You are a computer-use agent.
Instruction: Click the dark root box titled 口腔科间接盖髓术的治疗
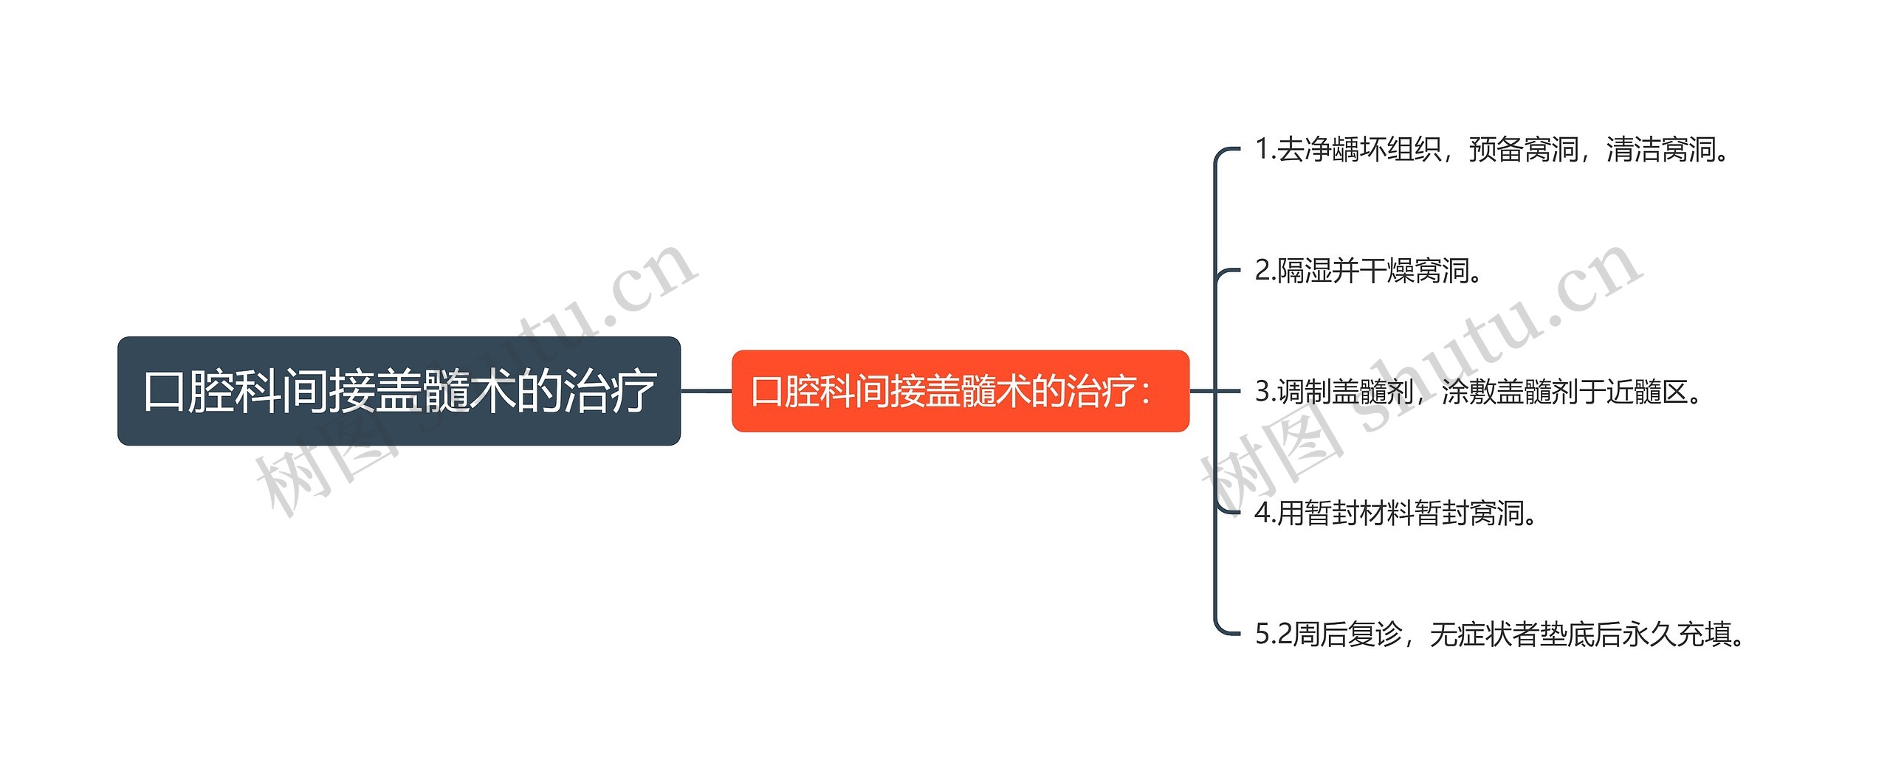(399, 391)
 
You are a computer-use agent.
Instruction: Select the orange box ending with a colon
(961, 391)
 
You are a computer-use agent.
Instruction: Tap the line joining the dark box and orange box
(707, 391)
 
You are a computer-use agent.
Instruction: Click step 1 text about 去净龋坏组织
(1492, 150)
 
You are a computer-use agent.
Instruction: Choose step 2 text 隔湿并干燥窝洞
(1369, 271)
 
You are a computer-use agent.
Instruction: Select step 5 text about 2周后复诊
(1500, 634)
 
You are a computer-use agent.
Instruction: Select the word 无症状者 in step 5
(1484, 634)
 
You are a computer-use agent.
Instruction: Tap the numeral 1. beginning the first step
(1265, 150)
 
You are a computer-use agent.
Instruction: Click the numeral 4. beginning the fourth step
(1265, 513)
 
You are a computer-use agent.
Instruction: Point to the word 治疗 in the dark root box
(610, 391)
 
